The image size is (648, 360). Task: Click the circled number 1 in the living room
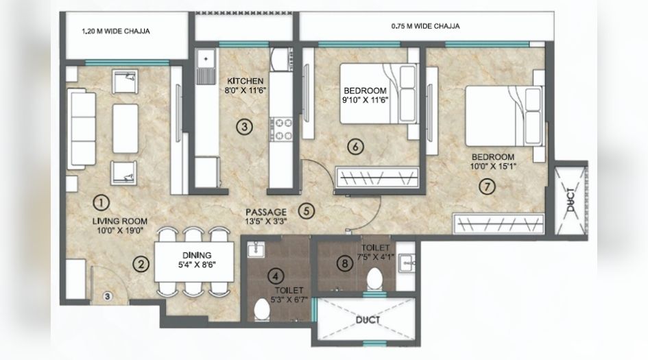pyautogui.click(x=101, y=202)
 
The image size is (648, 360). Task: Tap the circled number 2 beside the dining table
pyautogui.click(x=141, y=263)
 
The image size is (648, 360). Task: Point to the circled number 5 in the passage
pyautogui.click(x=307, y=211)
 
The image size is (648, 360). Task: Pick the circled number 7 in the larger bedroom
pyautogui.click(x=486, y=186)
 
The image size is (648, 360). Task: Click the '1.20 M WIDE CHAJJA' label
pyautogui.click(x=116, y=31)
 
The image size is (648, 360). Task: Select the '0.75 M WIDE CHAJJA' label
pyautogui.click(x=425, y=26)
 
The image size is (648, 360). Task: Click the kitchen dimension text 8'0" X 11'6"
pyautogui.click(x=241, y=90)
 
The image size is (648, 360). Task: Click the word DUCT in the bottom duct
pyautogui.click(x=370, y=320)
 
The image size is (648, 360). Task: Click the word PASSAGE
pyautogui.click(x=266, y=213)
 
